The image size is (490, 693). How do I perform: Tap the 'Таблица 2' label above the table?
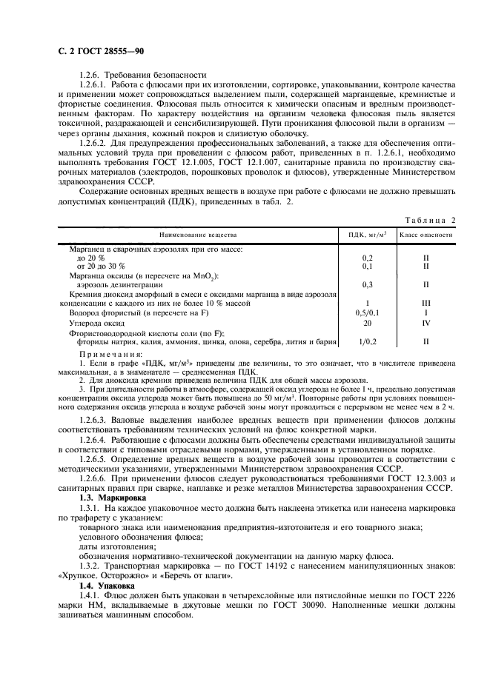coord(431,220)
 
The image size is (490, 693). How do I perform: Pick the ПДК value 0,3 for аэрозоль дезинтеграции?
coord(367,284)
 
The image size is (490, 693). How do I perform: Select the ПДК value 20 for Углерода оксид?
coord(367,323)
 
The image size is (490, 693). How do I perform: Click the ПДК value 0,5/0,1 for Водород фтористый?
coord(367,313)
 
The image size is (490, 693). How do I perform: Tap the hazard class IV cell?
coord(426,323)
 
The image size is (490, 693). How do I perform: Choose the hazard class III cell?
coord(426,304)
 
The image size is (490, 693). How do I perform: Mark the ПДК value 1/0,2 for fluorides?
coord(367,342)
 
